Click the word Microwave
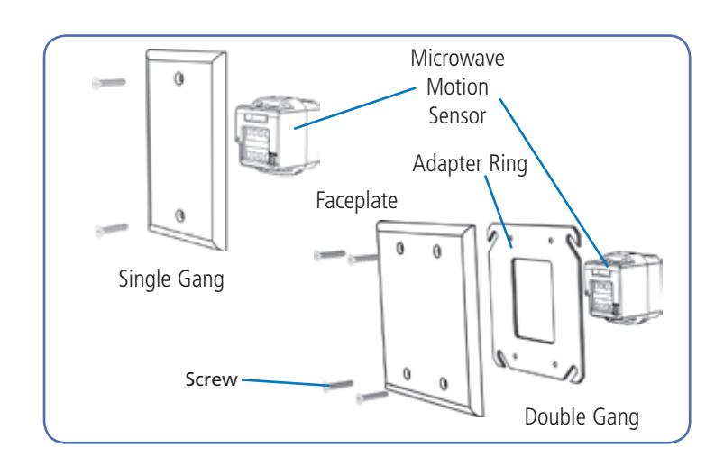457,59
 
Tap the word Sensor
457,115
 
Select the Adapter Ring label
470,164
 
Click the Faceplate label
356,201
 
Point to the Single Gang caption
171,279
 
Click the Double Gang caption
582,417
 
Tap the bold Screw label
212,379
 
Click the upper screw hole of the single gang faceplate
179,79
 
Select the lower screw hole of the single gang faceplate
180,215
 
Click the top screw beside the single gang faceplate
109,83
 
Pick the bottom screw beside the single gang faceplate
111,229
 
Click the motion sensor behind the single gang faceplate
277,134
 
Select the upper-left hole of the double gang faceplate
399,248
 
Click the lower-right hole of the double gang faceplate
444,383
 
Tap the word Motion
457,87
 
